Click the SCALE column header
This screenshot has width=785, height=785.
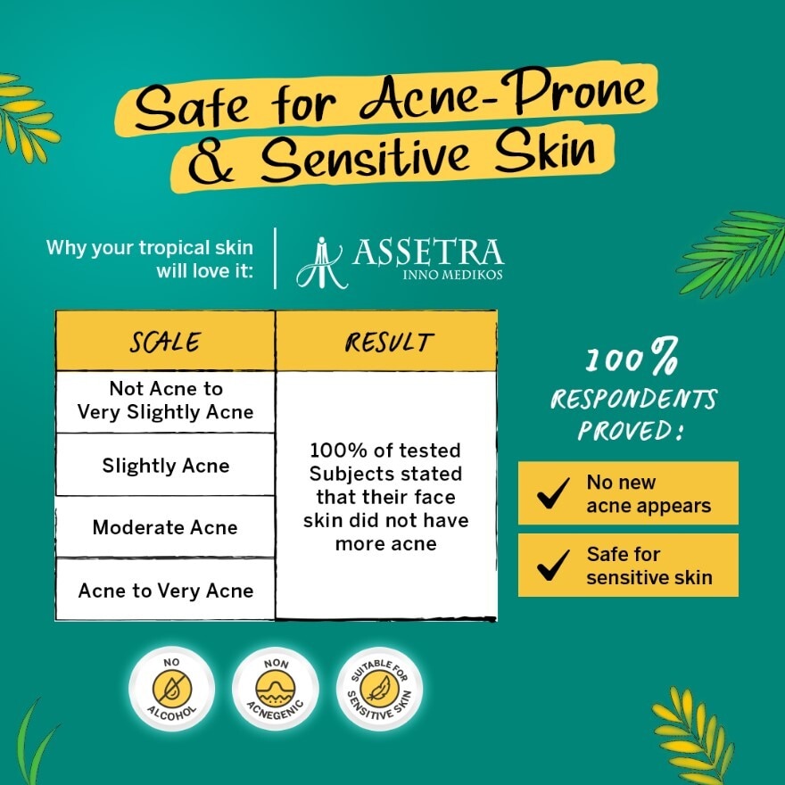pyautogui.click(x=165, y=342)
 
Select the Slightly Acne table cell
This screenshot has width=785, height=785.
pyautogui.click(x=165, y=466)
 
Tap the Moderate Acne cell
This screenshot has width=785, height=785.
pyautogui.click(x=165, y=527)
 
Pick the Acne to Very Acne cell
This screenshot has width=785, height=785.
pyautogui.click(x=165, y=591)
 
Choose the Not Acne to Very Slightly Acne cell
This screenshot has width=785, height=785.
pyautogui.click(x=165, y=401)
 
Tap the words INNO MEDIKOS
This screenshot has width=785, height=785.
pyautogui.click(x=453, y=275)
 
